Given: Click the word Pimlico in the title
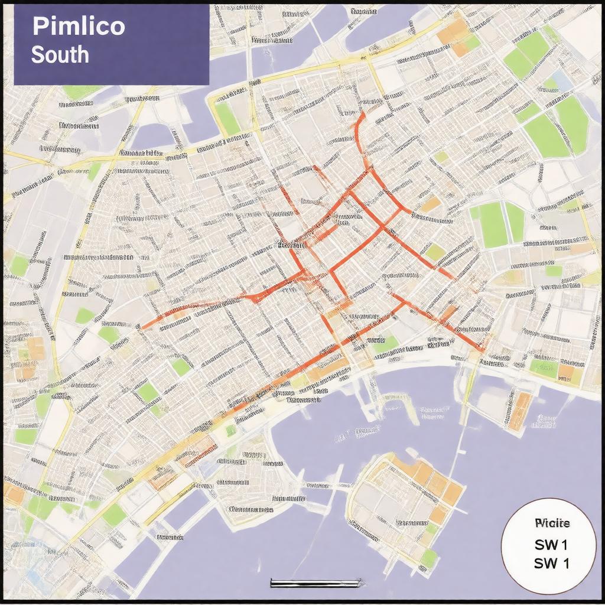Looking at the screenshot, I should point(78,27).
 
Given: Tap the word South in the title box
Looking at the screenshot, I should point(60,54).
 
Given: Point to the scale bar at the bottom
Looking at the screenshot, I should point(315,583).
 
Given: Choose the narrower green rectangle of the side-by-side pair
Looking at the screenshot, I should point(515,222).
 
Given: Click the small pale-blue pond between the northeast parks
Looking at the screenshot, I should point(564,83).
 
